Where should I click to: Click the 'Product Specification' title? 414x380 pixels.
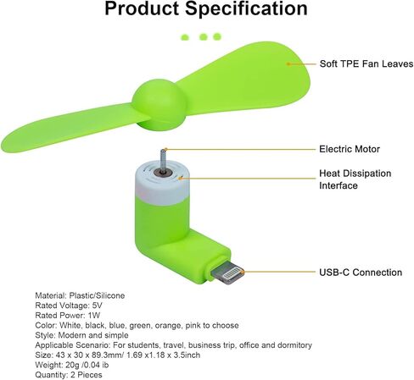206,8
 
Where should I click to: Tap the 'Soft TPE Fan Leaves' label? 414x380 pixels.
366,63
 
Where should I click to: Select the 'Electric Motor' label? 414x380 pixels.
350,149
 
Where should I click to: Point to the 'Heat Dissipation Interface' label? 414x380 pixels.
355,179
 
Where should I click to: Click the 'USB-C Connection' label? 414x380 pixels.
361,273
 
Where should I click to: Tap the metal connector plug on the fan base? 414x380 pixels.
227,274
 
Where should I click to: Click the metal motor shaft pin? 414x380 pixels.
163,162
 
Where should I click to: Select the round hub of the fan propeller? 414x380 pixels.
159,105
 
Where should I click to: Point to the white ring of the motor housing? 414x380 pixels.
162,184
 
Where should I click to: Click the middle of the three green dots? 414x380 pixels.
204,36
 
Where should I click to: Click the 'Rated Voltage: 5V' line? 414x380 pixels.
69,306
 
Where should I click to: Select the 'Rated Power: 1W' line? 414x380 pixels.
67,316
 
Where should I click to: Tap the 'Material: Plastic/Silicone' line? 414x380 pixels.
80,295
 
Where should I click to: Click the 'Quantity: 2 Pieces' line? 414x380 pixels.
69,375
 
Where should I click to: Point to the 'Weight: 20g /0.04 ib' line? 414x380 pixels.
72,365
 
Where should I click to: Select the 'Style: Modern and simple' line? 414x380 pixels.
81,335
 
